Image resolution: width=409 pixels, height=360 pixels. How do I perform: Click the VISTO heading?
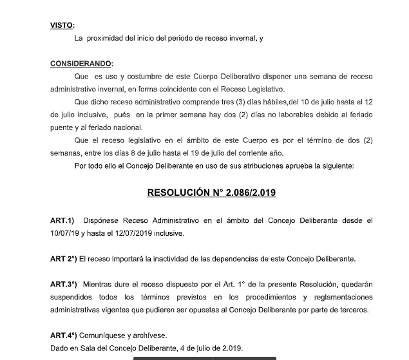point(62,26)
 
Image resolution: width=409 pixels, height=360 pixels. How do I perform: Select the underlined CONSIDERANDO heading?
point(81,64)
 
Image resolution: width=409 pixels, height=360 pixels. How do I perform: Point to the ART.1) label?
point(62,221)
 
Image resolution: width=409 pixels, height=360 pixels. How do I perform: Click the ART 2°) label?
point(64,259)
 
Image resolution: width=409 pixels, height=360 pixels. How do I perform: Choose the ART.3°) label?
point(64,285)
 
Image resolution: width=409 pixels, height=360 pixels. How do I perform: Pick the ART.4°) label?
point(64,336)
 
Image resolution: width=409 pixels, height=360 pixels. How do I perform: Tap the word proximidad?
point(109,39)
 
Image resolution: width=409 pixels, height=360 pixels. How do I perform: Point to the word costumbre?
point(144,77)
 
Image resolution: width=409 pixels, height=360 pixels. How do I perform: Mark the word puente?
point(63,128)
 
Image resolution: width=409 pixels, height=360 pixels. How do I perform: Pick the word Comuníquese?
point(104,336)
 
